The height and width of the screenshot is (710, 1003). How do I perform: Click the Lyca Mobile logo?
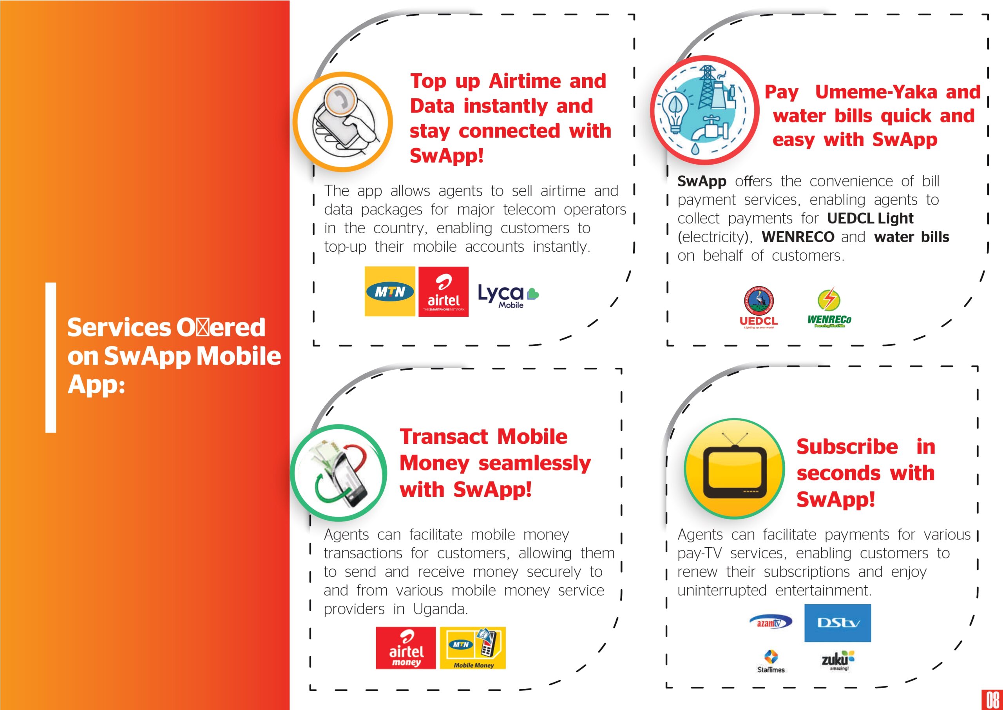(509, 296)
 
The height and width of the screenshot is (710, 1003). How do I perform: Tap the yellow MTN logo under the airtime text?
(390, 291)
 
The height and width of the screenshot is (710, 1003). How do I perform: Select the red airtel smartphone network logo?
(444, 292)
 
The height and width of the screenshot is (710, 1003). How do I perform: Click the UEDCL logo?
(759, 307)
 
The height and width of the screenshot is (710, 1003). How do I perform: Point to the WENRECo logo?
(829, 308)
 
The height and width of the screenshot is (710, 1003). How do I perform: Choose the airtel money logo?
(406, 648)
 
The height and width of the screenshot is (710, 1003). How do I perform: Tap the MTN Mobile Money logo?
(473, 648)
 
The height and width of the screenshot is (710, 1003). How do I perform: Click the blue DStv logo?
(837, 623)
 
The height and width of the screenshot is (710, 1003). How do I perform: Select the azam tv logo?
(771, 623)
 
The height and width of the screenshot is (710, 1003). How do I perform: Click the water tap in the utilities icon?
(711, 129)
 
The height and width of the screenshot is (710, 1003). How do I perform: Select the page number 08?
(992, 700)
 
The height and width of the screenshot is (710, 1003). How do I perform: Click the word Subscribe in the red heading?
(847, 447)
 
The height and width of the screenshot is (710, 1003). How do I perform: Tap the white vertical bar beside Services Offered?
(51, 358)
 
